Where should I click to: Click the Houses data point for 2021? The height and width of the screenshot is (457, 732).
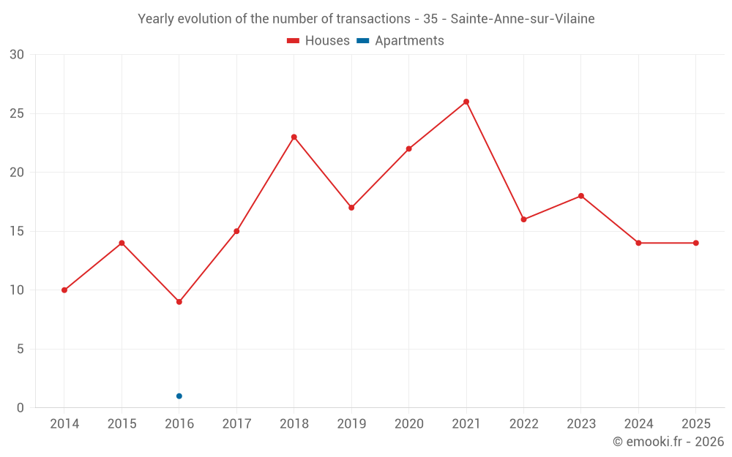tap(466, 102)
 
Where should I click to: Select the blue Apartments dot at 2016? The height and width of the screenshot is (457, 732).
tap(179, 396)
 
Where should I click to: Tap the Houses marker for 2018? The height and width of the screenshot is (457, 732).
tap(294, 137)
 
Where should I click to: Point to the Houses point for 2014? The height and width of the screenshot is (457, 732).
tap(64, 290)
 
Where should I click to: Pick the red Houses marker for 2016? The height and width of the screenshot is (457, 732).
tap(179, 302)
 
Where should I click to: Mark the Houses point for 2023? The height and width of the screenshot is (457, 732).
tap(580, 196)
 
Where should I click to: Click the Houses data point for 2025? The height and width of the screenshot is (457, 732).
tap(695, 243)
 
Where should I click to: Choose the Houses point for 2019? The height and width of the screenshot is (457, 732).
tap(351, 208)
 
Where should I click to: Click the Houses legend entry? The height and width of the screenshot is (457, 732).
tap(318, 40)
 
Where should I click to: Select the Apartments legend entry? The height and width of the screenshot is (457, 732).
tap(400, 40)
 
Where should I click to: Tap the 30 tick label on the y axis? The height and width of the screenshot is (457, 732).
tap(17, 55)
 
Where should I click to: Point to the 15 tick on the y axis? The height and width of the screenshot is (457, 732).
tap(17, 231)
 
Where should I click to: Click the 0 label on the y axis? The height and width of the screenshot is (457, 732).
tap(20, 407)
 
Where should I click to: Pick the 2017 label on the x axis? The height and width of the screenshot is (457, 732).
tap(236, 423)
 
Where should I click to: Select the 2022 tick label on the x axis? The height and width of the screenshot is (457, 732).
tap(524, 423)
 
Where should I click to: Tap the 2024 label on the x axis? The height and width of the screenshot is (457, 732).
tap(638, 423)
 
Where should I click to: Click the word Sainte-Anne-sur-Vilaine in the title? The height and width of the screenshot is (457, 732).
tap(523, 19)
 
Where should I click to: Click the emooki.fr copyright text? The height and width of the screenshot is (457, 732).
tap(668, 441)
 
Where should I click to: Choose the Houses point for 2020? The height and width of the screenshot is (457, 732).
tap(409, 148)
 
